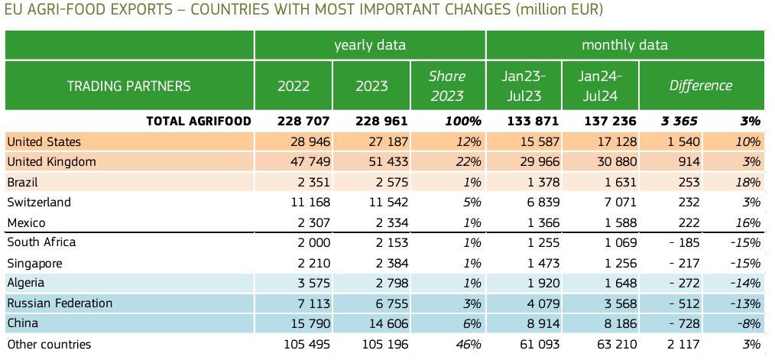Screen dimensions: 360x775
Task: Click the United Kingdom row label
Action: [51, 162]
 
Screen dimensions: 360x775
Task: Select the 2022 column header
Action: [293, 86]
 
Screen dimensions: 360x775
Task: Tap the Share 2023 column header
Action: [447, 86]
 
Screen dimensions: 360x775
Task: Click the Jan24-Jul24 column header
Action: [600, 86]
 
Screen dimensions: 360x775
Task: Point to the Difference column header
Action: [700, 86]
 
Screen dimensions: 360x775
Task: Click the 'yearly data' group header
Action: [370, 45]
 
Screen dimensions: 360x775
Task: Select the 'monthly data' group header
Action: [624, 45]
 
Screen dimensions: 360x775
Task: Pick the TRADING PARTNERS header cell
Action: [129, 86]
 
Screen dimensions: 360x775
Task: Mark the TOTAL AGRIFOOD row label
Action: [198, 121]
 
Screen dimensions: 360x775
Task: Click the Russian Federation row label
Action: [60, 303]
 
